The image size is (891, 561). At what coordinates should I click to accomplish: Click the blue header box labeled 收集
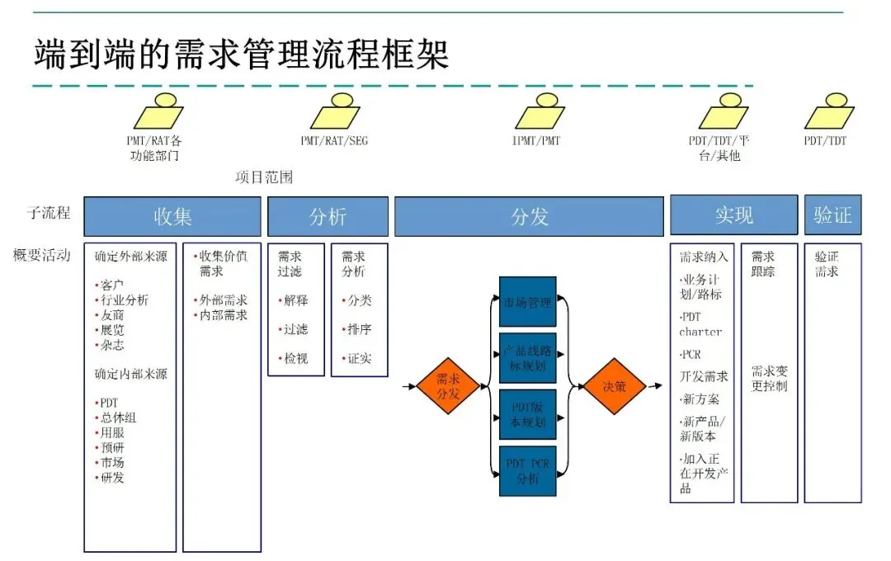pyautogui.click(x=173, y=216)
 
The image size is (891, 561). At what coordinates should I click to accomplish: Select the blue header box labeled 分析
pyautogui.click(x=328, y=216)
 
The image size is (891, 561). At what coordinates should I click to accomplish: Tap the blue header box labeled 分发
pyautogui.click(x=529, y=216)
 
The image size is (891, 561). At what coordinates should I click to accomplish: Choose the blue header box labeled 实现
pyautogui.click(x=733, y=216)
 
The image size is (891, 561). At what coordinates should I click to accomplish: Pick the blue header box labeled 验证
pyautogui.click(x=832, y=216)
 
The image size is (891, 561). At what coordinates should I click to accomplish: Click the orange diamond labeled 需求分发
pyautogui.click(x=448, y=386)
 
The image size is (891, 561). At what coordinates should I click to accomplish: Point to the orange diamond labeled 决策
pyautogui.click(x=615, y=386)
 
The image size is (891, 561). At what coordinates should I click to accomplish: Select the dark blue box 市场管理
pyautogui.click(x=528, y=302)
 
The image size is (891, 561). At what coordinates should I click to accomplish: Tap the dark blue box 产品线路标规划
pyautogui.click(x=528, y=358)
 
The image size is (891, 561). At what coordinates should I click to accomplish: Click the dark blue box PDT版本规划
pyautogui.click(x=528, y=414)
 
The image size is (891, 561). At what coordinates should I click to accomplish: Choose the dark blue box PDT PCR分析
pyautogui.click(x=528, y=470)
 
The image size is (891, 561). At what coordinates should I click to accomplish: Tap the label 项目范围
pyautogui.click(x=264, y=177)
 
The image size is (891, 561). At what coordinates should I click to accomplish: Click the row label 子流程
pyautogui.click(x=49, y=213)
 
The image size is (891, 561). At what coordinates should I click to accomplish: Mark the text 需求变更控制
pyautogui.click(x=770, y=379)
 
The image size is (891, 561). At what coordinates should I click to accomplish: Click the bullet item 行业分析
pyautogui.click(x=125, y=300)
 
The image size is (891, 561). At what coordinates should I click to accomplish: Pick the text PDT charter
pyautogui.click(x=700, y=324)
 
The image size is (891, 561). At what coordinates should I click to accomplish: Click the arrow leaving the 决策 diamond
pyautogui.click(x=653, y=386)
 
